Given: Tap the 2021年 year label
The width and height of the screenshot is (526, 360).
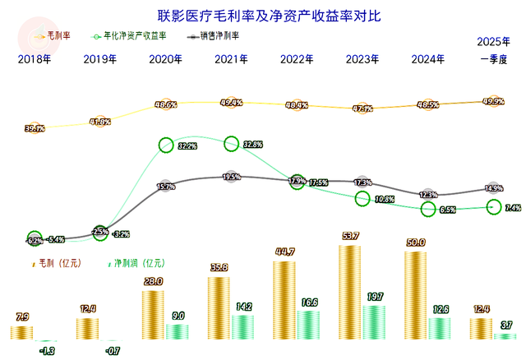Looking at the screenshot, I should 231,59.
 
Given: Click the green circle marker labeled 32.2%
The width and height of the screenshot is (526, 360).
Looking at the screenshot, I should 165,145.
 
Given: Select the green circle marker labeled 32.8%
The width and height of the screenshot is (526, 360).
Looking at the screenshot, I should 231,144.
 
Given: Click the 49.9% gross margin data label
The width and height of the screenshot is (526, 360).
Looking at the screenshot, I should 494,101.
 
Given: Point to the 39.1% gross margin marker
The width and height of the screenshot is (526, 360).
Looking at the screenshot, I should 35,128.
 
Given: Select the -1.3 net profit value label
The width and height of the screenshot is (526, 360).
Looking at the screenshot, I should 46,351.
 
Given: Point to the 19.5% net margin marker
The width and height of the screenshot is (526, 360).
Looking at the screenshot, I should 231,177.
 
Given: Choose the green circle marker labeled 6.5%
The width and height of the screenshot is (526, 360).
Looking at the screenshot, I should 428,210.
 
